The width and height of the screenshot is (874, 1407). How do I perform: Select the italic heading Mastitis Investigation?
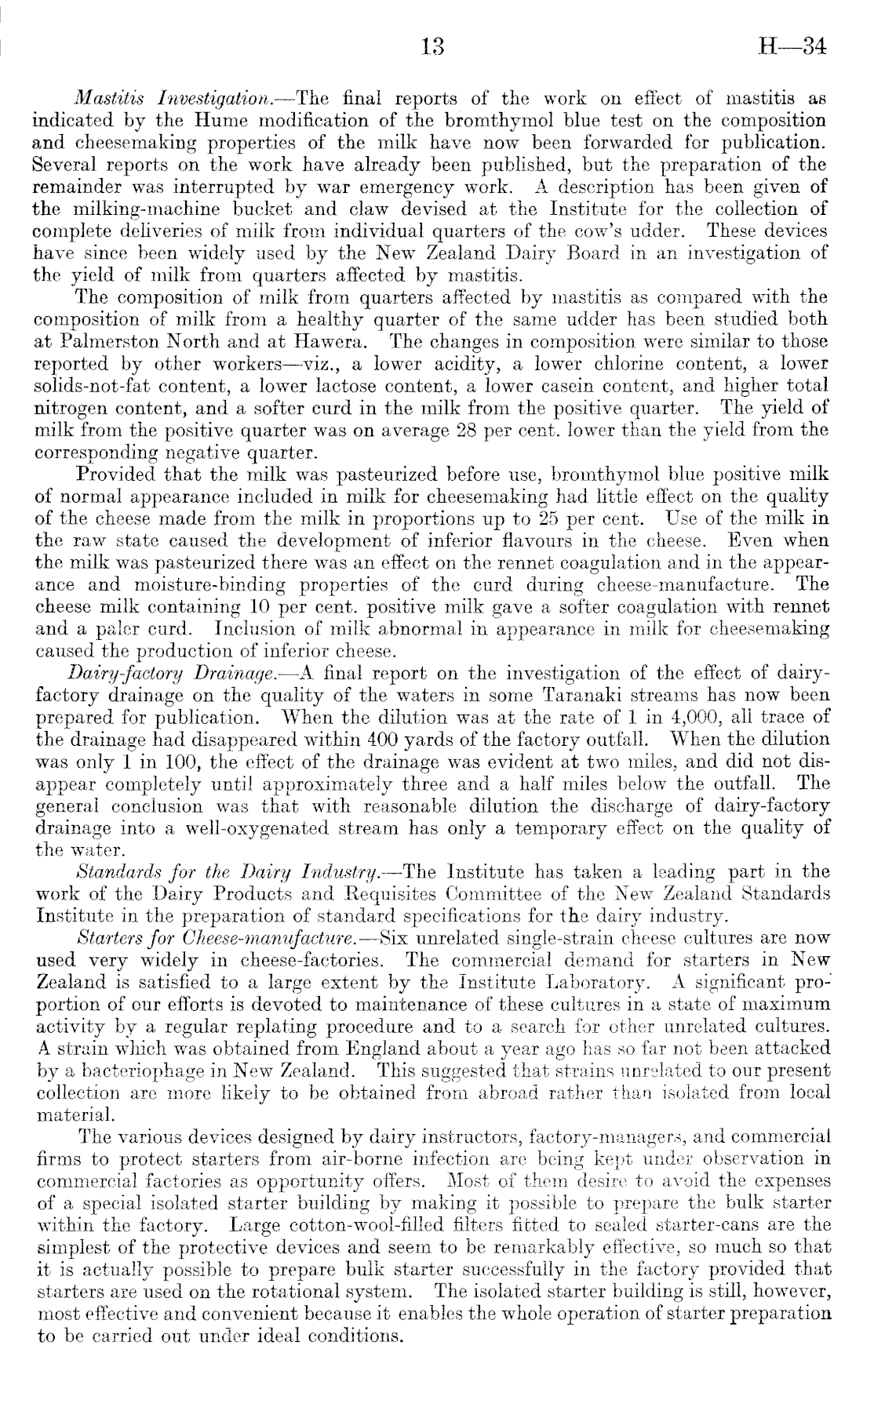click(184, 100)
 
